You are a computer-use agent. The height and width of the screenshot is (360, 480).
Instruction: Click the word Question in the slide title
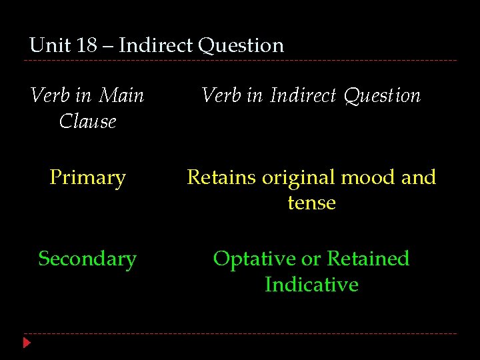[x=241, y=46]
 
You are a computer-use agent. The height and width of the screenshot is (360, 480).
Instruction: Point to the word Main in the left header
[x=121, y=95]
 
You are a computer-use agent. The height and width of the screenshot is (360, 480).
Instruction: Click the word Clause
[x=87, y=121]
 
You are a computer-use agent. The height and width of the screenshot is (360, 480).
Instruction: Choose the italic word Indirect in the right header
[x=303, y=95]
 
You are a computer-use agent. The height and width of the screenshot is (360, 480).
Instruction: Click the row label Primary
[x=87, y=179]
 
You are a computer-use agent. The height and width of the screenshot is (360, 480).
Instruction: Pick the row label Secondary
[x=87, y=259]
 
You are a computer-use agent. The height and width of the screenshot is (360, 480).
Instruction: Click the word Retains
[x=221, y=177]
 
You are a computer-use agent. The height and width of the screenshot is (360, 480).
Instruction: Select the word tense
[x=311, y=203]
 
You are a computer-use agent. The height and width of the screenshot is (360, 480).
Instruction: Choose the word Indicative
[x=311, y=285]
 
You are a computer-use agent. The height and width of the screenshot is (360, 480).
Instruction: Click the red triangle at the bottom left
[x=27, y=343]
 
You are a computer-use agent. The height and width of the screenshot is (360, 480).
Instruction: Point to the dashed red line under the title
[x=240, y=61]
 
